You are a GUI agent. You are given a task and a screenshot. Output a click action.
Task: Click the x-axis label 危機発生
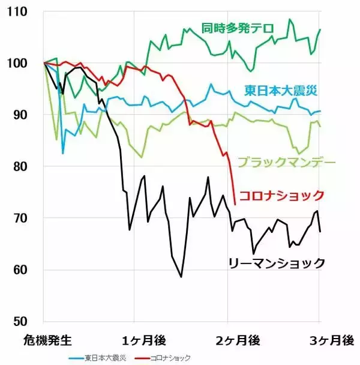click(47, 340)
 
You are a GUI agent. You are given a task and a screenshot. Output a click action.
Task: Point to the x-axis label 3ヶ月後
click(331, 340)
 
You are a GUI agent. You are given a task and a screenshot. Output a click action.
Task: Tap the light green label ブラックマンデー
click(286, 162)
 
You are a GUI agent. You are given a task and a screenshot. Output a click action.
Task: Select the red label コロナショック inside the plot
click(281, 195)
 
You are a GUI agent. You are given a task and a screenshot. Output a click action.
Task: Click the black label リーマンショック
click(277, 263)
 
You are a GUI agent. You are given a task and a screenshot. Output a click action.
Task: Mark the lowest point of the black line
click(181, 277)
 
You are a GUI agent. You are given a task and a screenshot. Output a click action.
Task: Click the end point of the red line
click(235, 205)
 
